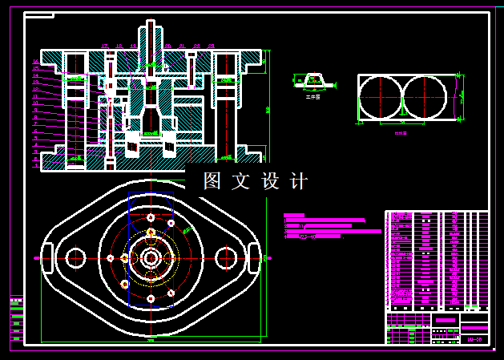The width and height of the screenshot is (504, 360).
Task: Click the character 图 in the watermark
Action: (212, 181)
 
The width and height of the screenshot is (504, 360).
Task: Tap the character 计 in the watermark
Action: (298, 181)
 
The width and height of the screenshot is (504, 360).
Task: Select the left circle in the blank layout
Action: (381, 97)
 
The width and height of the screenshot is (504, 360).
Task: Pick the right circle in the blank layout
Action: (424, 97)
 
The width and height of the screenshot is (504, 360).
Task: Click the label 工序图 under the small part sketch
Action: (312, 97)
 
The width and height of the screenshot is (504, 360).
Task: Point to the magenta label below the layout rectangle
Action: (400, 133)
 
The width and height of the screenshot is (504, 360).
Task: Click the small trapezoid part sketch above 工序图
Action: (312, 79)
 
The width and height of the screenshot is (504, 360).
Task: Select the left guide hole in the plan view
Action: (76, 257)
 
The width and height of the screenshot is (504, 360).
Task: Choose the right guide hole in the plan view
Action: (225, 257)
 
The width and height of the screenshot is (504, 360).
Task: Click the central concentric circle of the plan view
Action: (151, 257)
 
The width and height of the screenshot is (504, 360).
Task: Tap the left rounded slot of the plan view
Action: (47, 257)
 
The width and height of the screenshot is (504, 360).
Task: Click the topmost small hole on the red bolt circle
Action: (151, 217)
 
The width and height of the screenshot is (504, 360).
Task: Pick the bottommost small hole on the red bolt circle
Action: (151, 299)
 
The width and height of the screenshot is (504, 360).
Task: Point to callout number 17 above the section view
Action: (105, 47)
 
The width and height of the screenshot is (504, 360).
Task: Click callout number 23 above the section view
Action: (211, 47)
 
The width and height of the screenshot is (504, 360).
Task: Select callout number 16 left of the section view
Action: (36, 62)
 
